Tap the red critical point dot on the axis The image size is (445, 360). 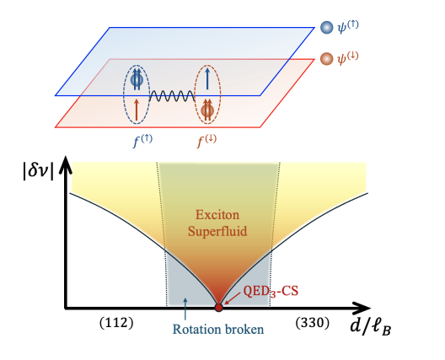pyautogui.click(x=219, y=307)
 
